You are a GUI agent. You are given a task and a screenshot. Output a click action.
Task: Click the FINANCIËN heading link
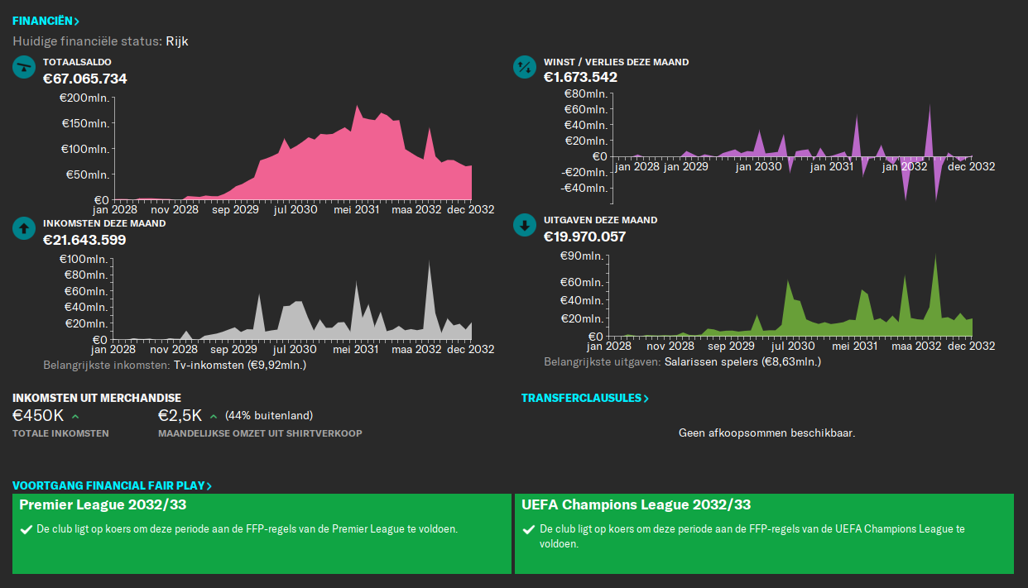[x=46, y=21]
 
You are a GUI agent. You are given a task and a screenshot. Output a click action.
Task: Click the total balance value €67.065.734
[x=85, y=79]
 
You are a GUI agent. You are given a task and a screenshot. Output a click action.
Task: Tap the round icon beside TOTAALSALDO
[x=24, y=68]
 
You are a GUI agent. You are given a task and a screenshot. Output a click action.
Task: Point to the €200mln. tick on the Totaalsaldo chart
[x=84, y=98]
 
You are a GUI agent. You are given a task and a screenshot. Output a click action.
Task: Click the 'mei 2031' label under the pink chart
[x=356, y=210]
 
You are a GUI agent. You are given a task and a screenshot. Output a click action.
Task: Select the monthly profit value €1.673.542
[x=580, y=77]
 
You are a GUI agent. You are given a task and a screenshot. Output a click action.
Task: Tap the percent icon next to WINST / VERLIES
[x=525, y=68]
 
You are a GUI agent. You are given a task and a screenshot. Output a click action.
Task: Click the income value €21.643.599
[x=84, y=240]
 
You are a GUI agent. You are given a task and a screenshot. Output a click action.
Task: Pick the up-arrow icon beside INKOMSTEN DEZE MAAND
[x=24, y=229]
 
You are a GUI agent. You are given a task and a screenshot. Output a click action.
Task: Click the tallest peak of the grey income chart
[x=429, y=263]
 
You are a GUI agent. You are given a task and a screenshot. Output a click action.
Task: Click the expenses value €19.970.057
[x=584, y=237]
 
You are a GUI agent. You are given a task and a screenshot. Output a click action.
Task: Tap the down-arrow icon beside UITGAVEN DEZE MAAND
[x=525, y=225]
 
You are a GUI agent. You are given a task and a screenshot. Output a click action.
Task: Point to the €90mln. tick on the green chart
[x=584, y=256]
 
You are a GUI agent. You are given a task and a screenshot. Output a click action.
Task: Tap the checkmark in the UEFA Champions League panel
[x=529, y=529]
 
